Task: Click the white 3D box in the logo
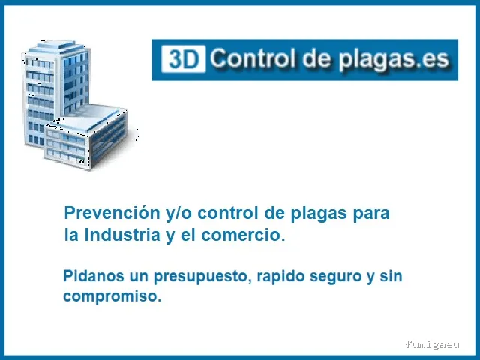183,58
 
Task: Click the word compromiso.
112,296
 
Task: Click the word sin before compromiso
391,276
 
